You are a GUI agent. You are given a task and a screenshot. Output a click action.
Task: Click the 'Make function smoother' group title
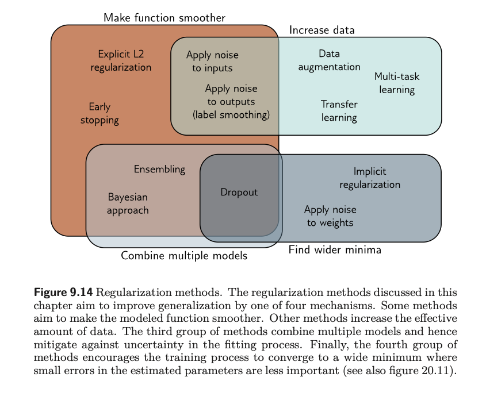(164, 18)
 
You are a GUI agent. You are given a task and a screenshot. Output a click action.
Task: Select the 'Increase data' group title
(322, 30)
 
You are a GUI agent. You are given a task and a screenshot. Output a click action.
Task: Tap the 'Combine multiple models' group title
(184, 256)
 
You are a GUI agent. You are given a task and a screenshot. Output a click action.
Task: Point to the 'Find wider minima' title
(335, 250)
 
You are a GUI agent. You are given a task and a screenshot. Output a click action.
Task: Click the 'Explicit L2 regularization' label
(121, 61)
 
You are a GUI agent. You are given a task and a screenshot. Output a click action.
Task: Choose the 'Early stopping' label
(100, 113)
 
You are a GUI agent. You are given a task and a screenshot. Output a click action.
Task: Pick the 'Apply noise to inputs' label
(212, 61)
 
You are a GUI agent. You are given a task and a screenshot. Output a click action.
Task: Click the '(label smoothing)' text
(231, 114)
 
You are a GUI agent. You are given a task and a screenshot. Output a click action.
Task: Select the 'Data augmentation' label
(329, 60)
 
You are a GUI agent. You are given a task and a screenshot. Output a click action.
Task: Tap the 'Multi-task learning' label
(397, 83)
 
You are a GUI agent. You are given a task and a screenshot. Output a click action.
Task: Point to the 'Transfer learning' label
(339, 111)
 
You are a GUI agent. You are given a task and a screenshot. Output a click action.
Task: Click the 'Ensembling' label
(159, 169)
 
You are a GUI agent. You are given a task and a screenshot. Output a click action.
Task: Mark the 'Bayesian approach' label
(128, 203)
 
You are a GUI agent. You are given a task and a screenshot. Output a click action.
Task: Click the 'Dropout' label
(239, 193)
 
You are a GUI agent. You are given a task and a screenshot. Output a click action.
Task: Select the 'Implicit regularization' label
(370, 178)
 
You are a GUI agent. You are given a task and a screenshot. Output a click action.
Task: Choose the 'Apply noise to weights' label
(330, 216)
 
